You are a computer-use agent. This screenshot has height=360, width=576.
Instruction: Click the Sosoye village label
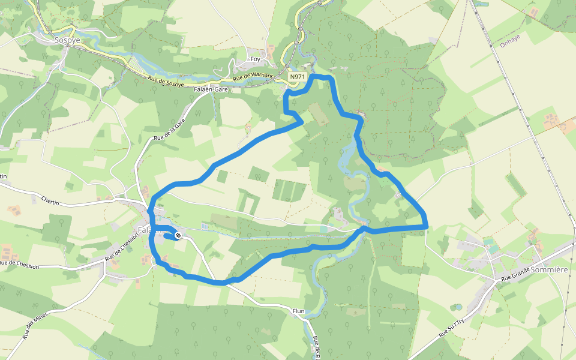(x=67, y=40)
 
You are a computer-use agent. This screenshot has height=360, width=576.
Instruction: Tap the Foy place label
(x=256, y=59)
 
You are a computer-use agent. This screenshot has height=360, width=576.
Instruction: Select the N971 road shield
(x=297, y=77)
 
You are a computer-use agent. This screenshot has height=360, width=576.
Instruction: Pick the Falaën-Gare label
(x=211, y=89)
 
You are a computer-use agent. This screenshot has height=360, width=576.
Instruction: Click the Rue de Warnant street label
(x=253, y=77)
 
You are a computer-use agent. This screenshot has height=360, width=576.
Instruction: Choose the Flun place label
(x=299, y=311)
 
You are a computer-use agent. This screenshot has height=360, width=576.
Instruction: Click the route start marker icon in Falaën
(x=178, y=236)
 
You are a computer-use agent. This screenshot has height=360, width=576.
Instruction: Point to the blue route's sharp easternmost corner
(x=425, y=226)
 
